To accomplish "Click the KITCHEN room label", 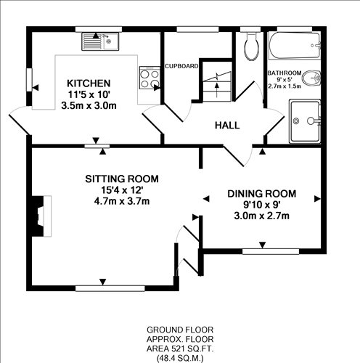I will [89, 83].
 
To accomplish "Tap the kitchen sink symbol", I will [100, 39].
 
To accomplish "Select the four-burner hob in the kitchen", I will [150, 78].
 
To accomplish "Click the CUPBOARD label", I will [181, 66].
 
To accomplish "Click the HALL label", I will [226, 126].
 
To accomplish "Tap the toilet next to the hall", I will [251, 48].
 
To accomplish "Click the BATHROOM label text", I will [286, 73].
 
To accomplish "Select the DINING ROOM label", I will [262, 193].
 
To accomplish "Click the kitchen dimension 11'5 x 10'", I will [89, 94].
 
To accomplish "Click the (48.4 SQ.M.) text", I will [179, 358].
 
